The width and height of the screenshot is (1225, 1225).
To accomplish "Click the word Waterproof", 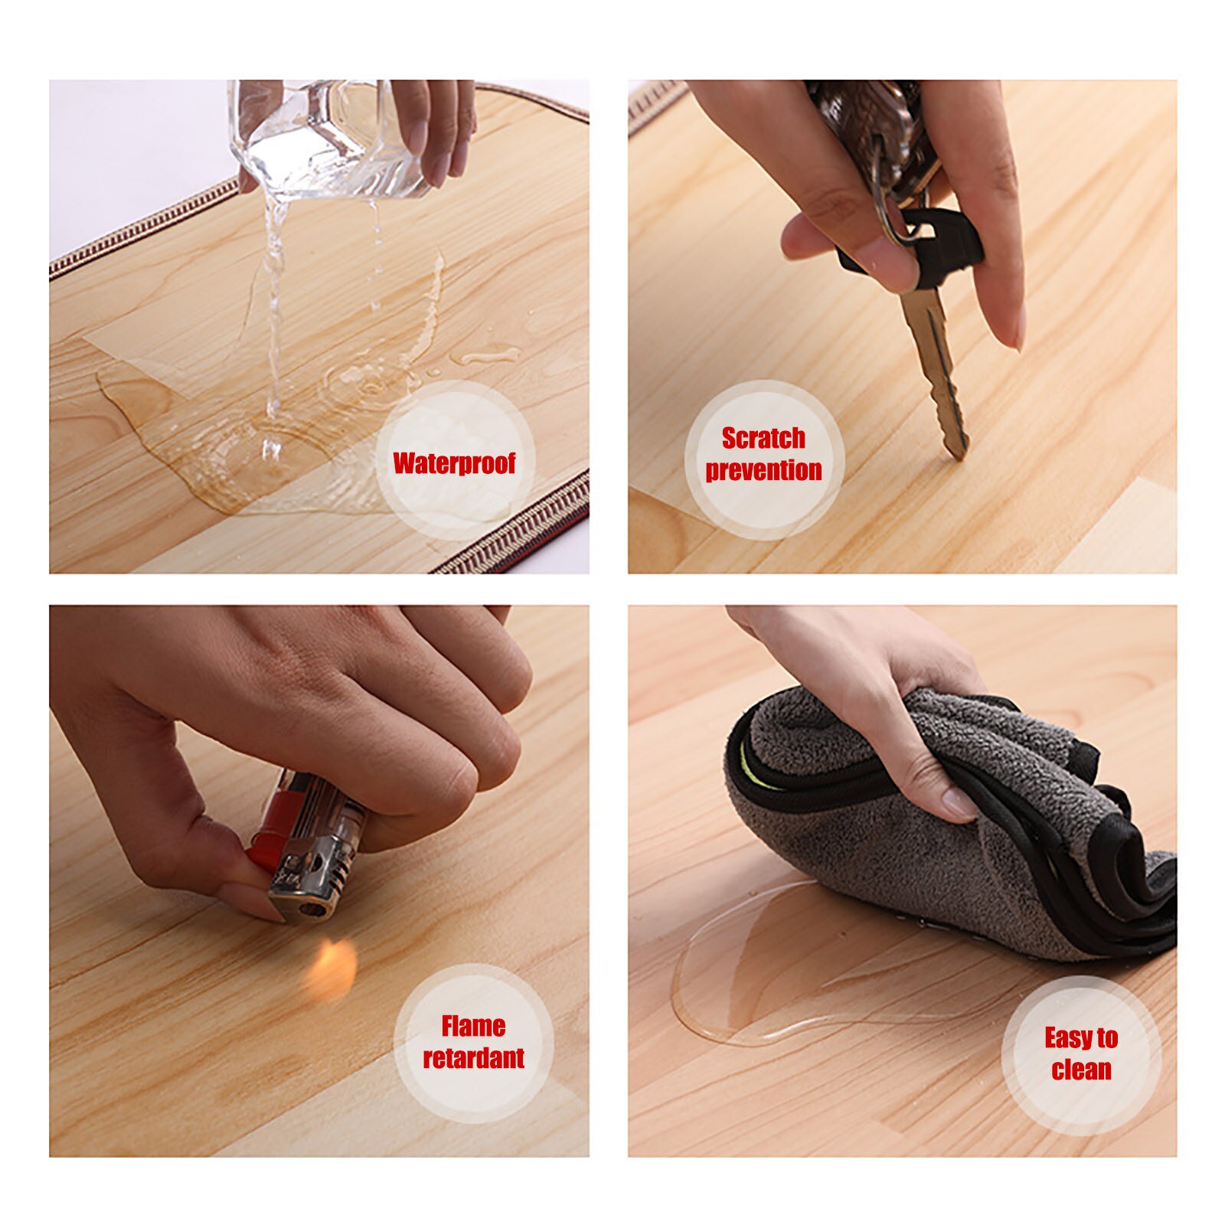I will pos(454,463).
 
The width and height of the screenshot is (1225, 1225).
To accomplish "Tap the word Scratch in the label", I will pos(763,438).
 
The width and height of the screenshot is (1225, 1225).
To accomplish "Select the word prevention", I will pos(763,469).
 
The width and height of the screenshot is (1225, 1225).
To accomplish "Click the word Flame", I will pos(473,1026).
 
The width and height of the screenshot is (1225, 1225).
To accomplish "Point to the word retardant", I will pos(473,1058).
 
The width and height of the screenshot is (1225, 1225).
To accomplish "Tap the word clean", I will pos(1081,1070).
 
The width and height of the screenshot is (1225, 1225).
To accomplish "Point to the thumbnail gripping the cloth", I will pos(959,804).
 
